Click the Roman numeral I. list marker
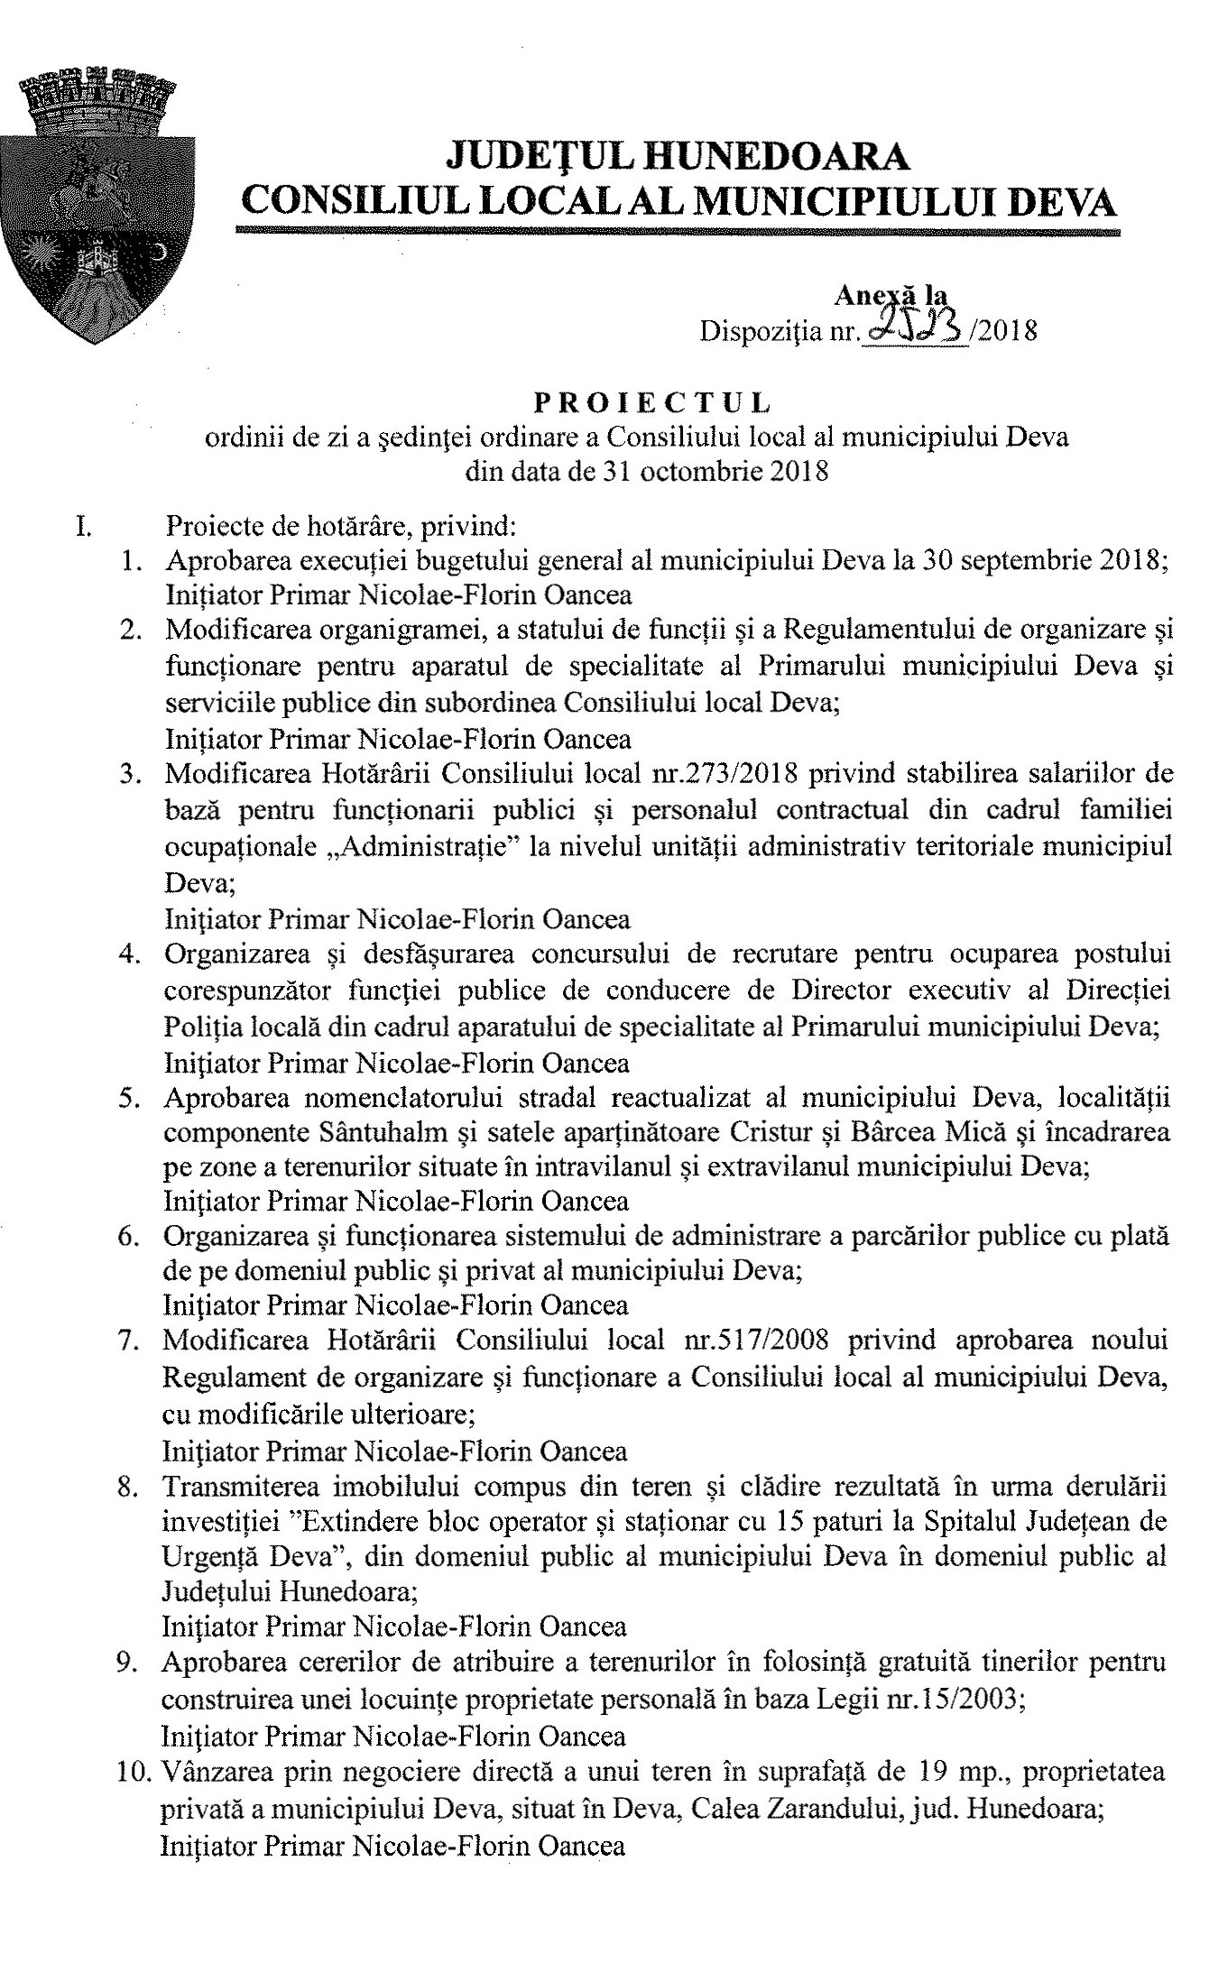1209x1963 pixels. click(x=82, y=525)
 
